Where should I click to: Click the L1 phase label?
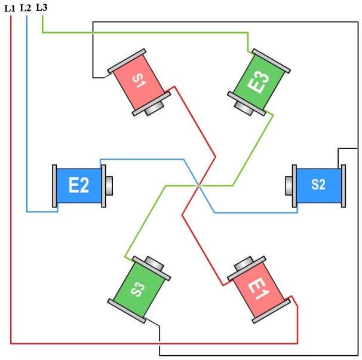(10, 8)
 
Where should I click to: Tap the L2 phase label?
(26, 8)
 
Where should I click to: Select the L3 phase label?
(41, 7)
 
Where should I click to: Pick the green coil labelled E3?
(259, 81)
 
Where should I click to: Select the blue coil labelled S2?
(319, 185)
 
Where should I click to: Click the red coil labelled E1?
(259, 289)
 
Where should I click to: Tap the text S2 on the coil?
(319, 185)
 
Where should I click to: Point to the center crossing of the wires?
(199, 185)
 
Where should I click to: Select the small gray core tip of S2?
(289, 185)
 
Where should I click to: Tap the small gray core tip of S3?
(154, 264)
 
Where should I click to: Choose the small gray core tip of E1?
(244, 264)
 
